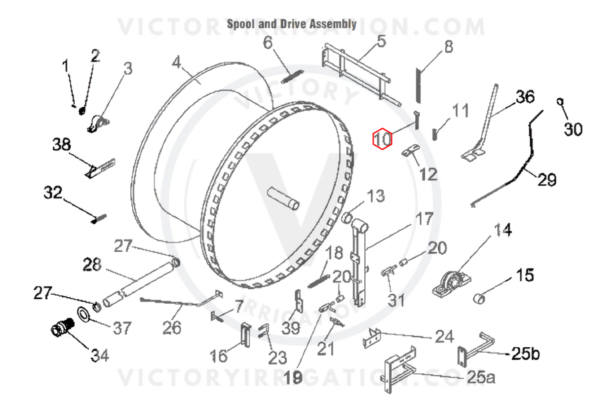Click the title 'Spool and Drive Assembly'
click(292, 24)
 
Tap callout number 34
click(99, 355)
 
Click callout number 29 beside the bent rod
click(545, 180)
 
